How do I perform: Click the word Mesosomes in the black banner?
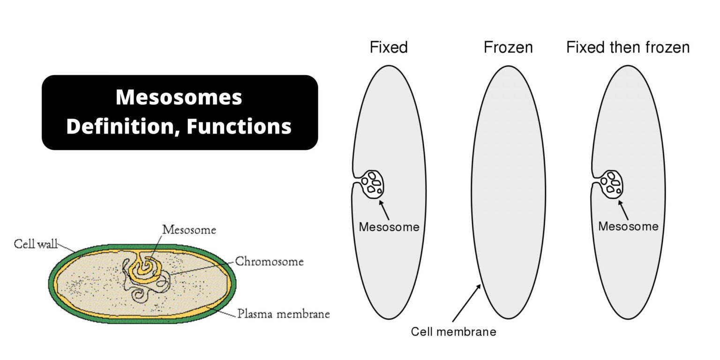pyautogui.click(x=179, y=97)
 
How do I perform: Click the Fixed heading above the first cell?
pyautogui.click(x=389, y=47)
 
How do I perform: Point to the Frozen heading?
pyautogui.click(x=508, y=47)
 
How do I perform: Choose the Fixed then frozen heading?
pyautogui.click(x=628, y=47)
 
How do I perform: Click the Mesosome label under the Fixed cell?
pyautogui.click(x=389, y=227)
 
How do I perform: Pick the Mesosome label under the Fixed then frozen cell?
pyautogui.click(x=628, y=226)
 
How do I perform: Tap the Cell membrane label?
pyautogui.click(x=453, y=332)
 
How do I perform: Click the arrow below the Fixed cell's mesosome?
pyautogui.click(x=384, y=210)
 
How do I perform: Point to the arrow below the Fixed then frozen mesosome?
pyautogui.click(x=624, y=210)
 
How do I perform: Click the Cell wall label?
pyautogui.click(x=36, y=244)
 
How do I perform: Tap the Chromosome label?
pyautogui.click(x=269, y=262)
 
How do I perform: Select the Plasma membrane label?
pyautogui.click(x=283, y=314)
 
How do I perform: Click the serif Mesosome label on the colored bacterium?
pyautogui.click(x=189, y=230)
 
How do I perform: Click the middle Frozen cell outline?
pyautogui.click(x=508, y=192)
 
